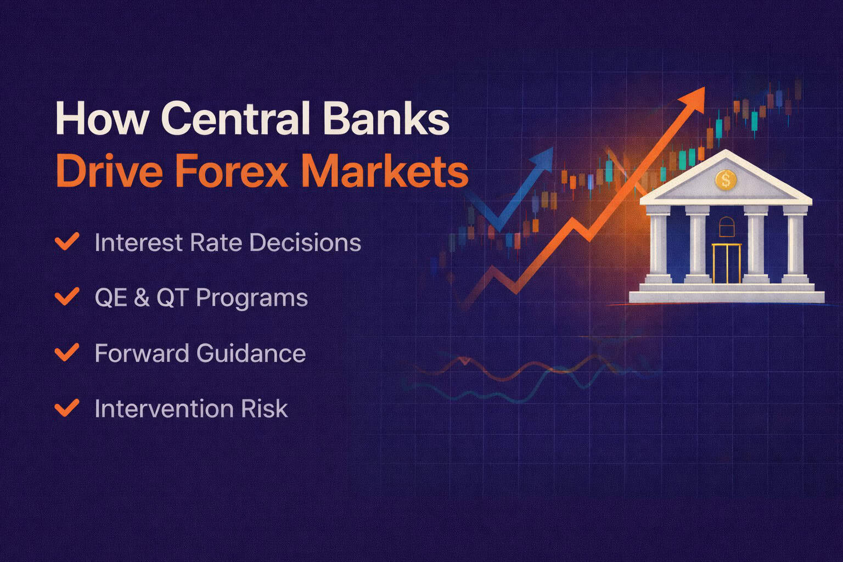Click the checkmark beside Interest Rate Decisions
coord(67,241)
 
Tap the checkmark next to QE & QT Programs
coord(67,297)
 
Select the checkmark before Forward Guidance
coord(67,352)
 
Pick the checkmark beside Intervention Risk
coord(67,408)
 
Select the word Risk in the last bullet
coord(267,409)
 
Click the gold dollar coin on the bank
coord(726,179)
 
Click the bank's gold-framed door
coord(727,263)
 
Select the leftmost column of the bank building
coord(658,244)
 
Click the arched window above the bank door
coord(726,224)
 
